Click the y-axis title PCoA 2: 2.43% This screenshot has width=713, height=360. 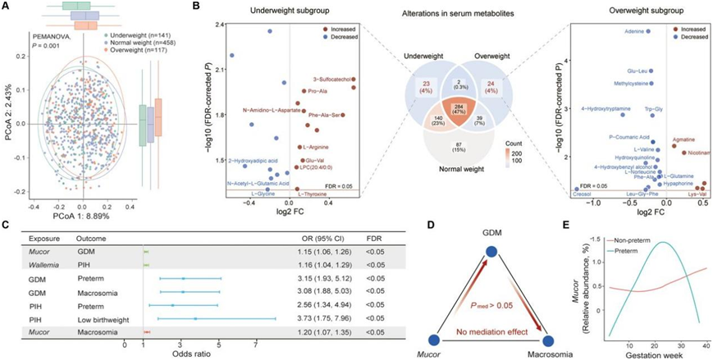pos(9,123)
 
